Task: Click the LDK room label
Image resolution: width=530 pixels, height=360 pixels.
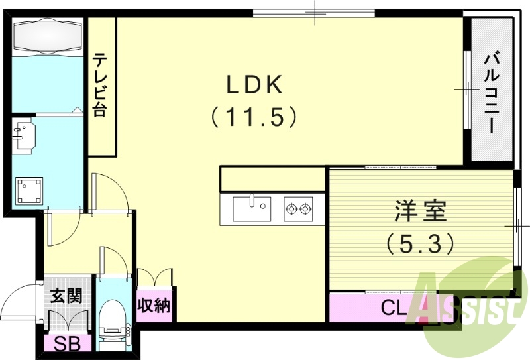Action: (255, 84)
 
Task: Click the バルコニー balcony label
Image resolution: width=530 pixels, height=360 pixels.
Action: (491, 93)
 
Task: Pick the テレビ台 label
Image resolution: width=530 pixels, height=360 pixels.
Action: (100, 84)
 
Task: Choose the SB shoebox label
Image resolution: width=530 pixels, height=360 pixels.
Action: (64, 344)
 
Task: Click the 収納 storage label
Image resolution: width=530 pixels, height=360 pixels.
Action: (154, 306)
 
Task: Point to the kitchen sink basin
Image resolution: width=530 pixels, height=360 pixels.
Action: (251, 210)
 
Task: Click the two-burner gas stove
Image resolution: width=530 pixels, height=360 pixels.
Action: (298, 210)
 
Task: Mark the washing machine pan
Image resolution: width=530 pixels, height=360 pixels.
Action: (29, 191)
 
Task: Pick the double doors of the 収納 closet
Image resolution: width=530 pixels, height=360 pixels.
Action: (154, 277)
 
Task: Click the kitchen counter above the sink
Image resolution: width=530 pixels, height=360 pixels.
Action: (272, 179)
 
